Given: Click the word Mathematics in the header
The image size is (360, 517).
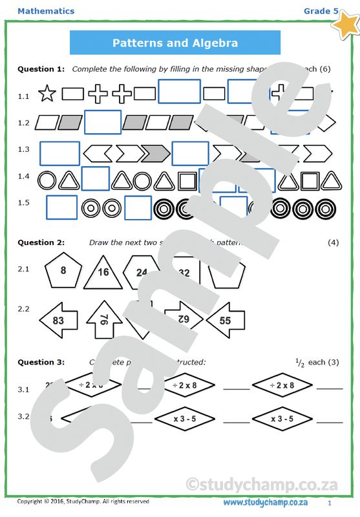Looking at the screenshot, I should (46, 11).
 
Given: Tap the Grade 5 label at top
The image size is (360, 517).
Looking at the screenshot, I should (321, 11).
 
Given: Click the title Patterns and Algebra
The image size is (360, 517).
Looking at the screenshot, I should (175, 43).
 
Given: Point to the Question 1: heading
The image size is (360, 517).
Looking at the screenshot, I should (41, 69).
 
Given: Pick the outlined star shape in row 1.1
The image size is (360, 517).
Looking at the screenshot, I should (47, 95).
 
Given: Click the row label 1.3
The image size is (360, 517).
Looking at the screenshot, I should (24, 149).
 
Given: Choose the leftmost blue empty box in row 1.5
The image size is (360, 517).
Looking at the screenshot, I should (62, 207).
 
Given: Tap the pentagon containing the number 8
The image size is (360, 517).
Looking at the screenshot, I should (63, 271).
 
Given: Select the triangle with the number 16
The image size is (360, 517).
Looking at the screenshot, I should (103, 272).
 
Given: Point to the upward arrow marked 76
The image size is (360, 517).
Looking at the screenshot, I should (104, 319).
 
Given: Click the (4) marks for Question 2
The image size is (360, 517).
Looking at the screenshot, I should (333, 242).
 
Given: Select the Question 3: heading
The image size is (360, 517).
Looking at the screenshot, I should (41, 362).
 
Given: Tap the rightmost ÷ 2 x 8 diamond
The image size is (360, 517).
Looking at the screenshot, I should (282, 385).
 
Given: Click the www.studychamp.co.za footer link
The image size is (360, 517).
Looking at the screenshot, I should (265, 502).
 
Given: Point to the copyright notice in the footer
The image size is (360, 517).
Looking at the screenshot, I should (83, 501).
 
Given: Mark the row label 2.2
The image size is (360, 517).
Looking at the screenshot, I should (24, 308).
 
